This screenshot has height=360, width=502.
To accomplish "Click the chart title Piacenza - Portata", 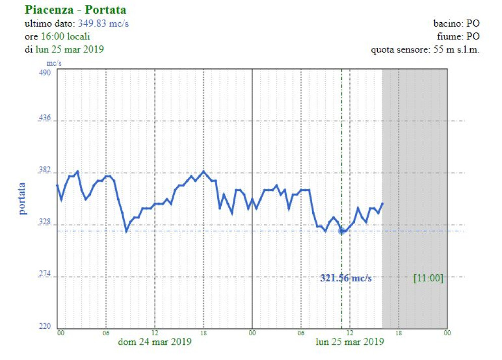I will click(x=75, y=10).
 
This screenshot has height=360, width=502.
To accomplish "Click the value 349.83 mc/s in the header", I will click(x=103, y=24).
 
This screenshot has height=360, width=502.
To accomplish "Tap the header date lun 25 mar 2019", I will click(x=69, y=49).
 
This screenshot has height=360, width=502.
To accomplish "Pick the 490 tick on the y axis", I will click(x=45, y=72).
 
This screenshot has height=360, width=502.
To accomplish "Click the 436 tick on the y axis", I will click(x=45, y=119).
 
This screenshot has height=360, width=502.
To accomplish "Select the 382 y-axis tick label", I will click(x=45, y=172).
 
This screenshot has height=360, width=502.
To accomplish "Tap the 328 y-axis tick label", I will click(x=45, y=224).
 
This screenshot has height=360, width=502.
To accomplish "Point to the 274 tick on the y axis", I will click(x=45, y=275).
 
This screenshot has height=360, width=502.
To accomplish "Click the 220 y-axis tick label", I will click(x=45, y=327).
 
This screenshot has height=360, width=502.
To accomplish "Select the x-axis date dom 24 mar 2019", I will click(x=155, y=342).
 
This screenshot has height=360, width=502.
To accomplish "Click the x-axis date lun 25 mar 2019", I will click(x=349, y=342).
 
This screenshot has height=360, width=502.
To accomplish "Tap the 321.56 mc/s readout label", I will click(x=345, y=278).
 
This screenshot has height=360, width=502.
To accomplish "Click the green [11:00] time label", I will click(x=428, y=278).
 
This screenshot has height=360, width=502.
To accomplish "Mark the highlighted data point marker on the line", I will click(x=342, y=231).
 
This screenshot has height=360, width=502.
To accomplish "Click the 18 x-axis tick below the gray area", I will click(x=398, y=333).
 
